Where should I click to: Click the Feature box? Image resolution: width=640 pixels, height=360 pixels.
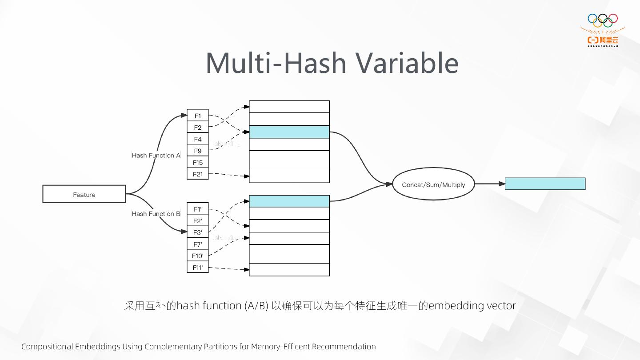point(84,194)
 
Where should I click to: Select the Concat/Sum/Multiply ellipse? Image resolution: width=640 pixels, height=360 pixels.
point(433,184)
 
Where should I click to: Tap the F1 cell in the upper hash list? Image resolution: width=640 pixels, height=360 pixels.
point(198,116)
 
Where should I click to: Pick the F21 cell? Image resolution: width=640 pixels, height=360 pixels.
point(198,174)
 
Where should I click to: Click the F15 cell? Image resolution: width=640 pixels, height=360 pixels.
point(198,162)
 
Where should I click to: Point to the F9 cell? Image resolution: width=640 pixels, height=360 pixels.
point(198,151)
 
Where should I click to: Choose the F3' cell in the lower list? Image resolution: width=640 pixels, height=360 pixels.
point(198,232)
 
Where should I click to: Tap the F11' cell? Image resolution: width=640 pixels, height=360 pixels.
point(198,267)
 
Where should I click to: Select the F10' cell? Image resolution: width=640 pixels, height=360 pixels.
point(198,256)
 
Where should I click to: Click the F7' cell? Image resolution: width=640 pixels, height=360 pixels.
point(198,244)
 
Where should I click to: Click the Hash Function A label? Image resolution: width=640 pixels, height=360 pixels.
point(156,155)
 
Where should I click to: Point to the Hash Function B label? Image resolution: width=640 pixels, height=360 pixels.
point(156,214)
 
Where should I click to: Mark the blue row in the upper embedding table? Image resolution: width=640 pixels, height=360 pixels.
point(289,132)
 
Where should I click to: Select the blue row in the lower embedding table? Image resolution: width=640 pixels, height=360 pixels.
point(289,201)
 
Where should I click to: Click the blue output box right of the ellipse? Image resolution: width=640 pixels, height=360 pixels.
point(545,184)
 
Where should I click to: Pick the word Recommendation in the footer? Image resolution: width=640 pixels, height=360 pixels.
point(344,347)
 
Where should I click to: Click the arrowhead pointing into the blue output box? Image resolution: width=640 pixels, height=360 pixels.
point(502,184)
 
